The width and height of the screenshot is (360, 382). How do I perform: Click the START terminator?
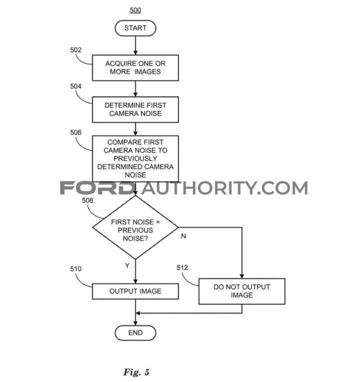[135, 28]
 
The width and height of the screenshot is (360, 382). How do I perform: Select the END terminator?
[135, 333]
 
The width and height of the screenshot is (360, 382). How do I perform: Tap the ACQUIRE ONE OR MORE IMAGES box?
[135, 68]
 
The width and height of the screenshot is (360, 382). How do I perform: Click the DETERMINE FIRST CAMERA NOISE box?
[135, 110]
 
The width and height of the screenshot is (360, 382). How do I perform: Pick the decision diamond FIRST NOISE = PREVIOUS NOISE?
[135, 227]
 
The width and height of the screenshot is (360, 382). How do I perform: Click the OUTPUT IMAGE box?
[135, 291]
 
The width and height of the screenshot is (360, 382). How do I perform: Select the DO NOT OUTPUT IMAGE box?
[241, 291]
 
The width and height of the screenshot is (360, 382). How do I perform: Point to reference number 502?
[75, 50]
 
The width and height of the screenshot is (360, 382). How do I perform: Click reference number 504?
[75, 86]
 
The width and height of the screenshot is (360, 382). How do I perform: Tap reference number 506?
[75, 132]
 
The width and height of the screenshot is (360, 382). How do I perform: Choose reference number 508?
[87, 201]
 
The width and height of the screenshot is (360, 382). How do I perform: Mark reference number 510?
[75, 269]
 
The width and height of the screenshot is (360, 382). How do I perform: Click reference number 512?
[182, 268]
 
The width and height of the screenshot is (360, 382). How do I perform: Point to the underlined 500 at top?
[135, 10]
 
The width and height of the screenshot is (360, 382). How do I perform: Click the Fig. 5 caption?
[136, 372]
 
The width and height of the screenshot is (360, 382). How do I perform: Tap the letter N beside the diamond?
[183, 236]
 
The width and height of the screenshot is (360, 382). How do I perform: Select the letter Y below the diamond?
[127, 265]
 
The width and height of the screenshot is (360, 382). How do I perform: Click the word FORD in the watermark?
[97, 188]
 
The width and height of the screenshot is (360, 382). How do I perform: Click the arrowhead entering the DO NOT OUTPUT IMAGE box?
[241, 276]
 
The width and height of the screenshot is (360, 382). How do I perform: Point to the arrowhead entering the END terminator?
[135, 323]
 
